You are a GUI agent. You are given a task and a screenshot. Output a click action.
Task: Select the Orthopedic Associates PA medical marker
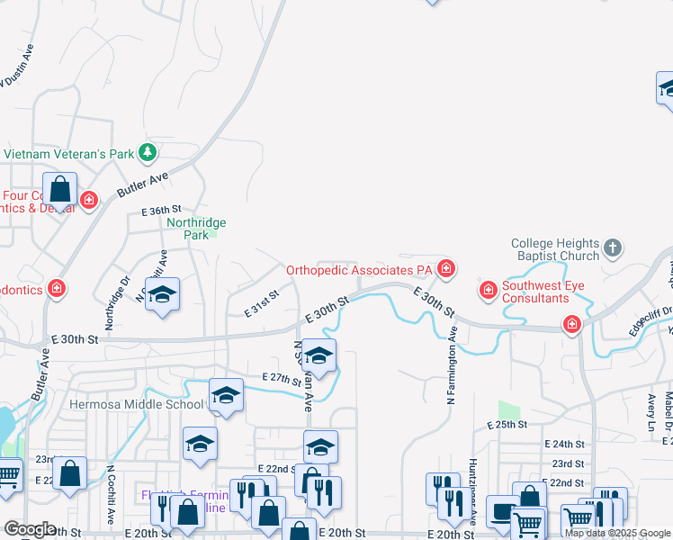pyautogui.click(x=445, y=268)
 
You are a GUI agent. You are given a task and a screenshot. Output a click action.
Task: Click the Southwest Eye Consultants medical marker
pyautogui.click(x=488, y=290)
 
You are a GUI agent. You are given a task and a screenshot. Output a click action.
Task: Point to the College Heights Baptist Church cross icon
pyautogui.click(x=612, y=247)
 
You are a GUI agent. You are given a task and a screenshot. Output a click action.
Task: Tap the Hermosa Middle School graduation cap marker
pyautogui.click(x=226, y=395)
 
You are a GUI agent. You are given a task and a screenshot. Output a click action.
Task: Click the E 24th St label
pyautogui.click(x=565, y=445)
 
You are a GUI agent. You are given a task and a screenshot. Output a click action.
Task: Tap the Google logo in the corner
pyautogui.click(x=30, y=528)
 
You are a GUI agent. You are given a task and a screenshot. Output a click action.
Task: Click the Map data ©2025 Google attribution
pyautogui.click(x=618, y=533)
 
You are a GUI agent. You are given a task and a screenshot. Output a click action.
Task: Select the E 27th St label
pyautogui.click(x=281, y=379)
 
